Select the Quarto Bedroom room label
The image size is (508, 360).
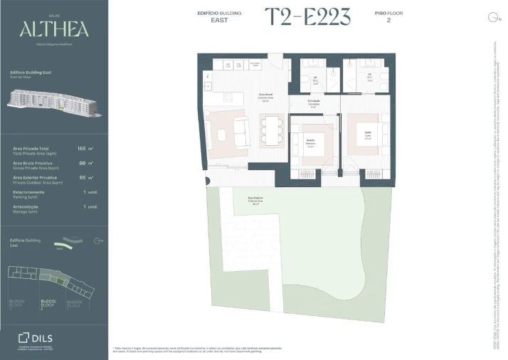tap(310, 141)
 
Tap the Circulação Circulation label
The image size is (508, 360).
tap(314, 102)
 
